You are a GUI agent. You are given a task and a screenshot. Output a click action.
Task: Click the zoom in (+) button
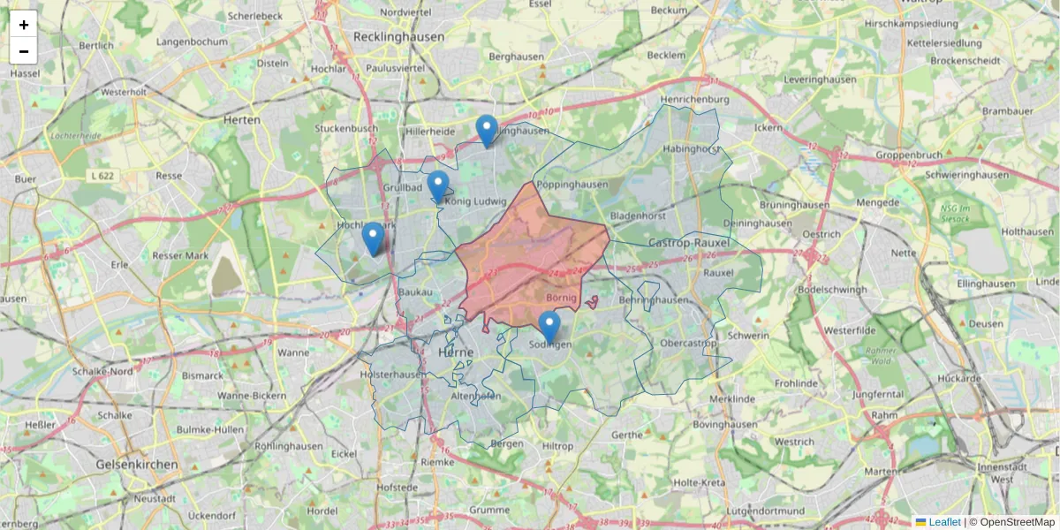24,24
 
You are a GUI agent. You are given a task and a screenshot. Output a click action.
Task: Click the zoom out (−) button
24,51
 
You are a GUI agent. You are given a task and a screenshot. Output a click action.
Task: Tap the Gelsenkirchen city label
137,464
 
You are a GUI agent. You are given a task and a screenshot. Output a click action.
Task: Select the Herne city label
456,352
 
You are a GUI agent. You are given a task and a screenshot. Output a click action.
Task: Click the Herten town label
242,119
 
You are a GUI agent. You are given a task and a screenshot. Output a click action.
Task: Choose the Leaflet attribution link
943,522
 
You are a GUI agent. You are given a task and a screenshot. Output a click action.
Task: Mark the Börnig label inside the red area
562,299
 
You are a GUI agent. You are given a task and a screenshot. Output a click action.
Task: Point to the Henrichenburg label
694,100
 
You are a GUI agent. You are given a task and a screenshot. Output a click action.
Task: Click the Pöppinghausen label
573,184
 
